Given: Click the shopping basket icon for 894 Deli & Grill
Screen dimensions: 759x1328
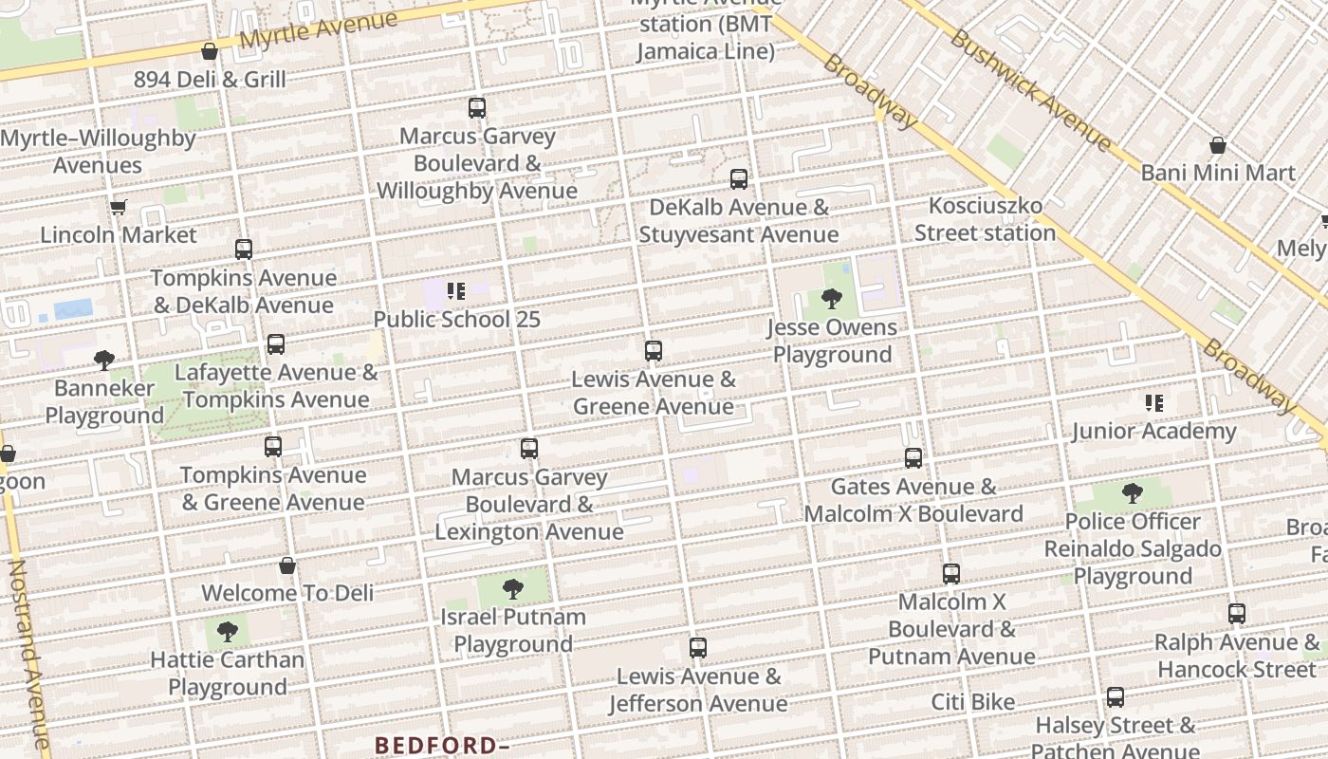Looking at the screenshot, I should tap(210, 51).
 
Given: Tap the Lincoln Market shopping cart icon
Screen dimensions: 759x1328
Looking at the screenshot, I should tap(119, 207).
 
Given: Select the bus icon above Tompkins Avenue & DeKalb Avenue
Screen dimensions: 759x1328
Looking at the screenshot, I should tap(244, 250).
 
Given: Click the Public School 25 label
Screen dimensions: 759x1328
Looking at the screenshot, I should tap(456, 319).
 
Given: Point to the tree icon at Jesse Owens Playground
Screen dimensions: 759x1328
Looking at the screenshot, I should tap(832, 299).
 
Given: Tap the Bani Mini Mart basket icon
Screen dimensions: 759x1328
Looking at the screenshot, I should tap(1218, 145).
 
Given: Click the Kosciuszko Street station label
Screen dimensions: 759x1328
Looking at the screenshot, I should tap(985, 219).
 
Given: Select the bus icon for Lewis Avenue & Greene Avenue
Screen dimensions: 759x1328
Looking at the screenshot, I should tap(653, 351).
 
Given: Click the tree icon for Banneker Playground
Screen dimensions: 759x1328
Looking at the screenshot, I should tap(104, 360).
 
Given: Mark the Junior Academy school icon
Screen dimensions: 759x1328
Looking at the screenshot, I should tap(1153, 403).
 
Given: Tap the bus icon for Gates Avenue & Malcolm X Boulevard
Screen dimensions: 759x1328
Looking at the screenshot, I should tap(913, 458).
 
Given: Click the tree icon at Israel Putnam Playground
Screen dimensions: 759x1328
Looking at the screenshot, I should tap(513, 589).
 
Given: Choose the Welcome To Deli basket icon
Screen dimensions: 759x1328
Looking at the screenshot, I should tap(287, 565).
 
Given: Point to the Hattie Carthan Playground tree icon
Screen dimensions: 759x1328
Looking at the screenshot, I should tap(228, 632).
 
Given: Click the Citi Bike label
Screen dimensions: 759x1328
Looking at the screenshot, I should tap(972, 702).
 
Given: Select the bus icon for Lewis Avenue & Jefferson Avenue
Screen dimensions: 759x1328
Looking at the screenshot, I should tap(698, 649).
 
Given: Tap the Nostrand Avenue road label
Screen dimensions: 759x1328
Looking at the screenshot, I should tap(28, 655).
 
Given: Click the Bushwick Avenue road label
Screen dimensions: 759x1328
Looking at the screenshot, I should tap(1029, 90).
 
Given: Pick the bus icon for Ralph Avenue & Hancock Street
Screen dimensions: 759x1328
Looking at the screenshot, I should tap(1237, 614).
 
